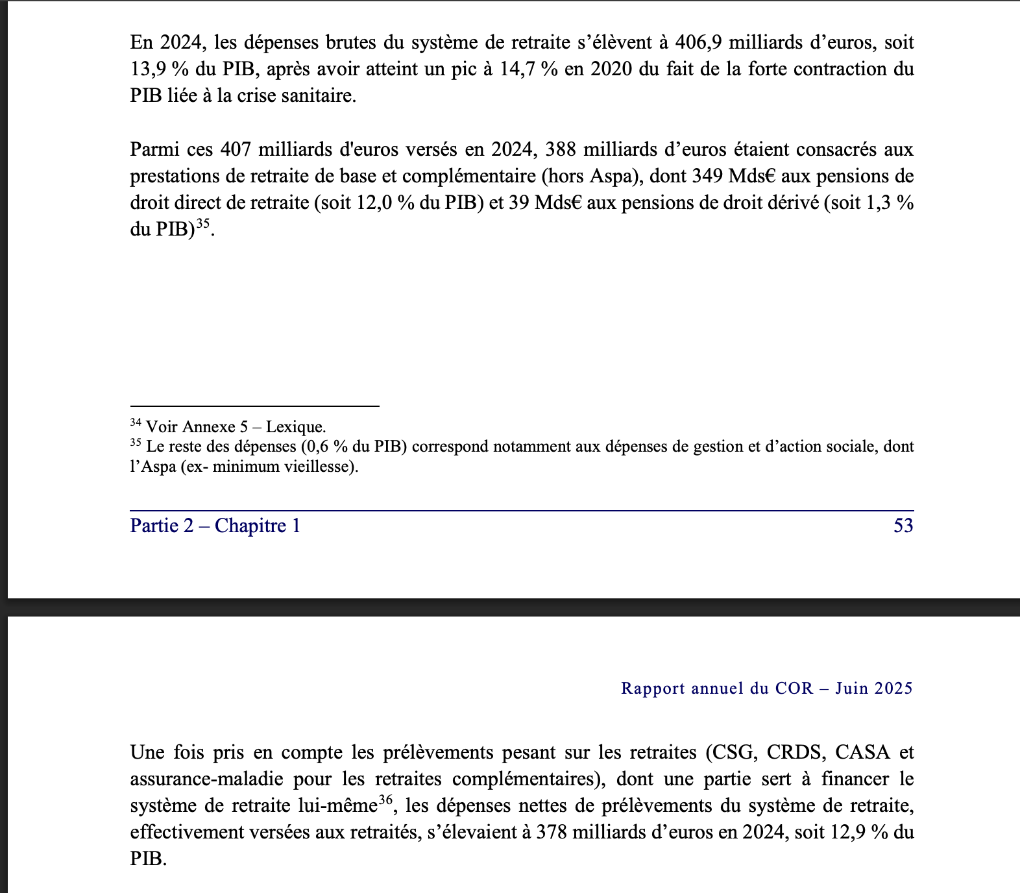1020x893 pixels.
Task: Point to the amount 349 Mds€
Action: [x=735, y=177]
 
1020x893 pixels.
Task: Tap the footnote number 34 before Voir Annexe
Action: [x=136, y=422]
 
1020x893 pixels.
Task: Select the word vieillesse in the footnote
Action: [x=321, y=467]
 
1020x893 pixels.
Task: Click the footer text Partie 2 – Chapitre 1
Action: [x=215, y=526]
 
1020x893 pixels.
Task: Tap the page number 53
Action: [x=903, y=526]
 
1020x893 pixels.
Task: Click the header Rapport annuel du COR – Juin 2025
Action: [x=766, y=688]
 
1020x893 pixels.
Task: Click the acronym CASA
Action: [x=862, y=752]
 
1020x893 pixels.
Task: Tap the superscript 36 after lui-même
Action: [x=385, y=800]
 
